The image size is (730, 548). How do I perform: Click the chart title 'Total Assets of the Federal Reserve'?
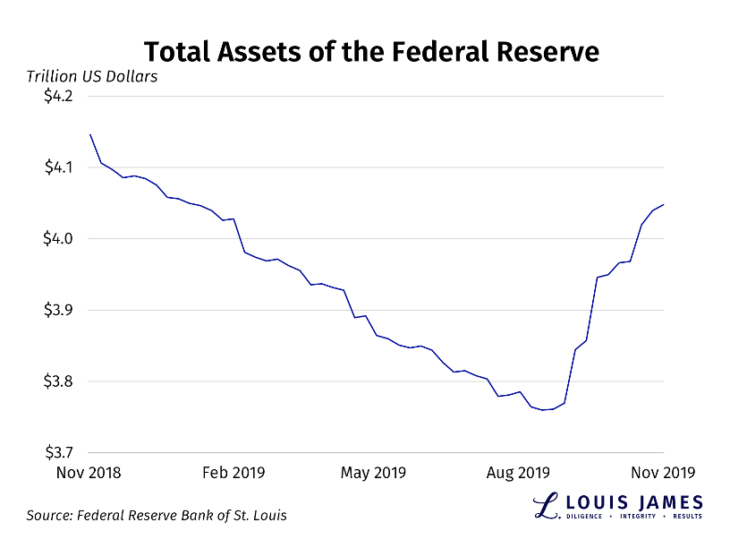[x=371, y=50]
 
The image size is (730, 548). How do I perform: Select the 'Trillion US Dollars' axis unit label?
[x=92, y=76]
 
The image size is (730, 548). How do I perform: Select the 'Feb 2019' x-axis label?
[x=234, y=472]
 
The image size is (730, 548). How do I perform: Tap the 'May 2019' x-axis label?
[x=373, y=472]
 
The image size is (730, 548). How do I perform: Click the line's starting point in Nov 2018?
[x=90, y=134]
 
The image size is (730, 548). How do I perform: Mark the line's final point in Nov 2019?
[x=664, y=204]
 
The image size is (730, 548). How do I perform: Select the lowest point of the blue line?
[x=542, y=410]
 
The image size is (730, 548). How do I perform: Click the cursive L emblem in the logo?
[x=546, y=506]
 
